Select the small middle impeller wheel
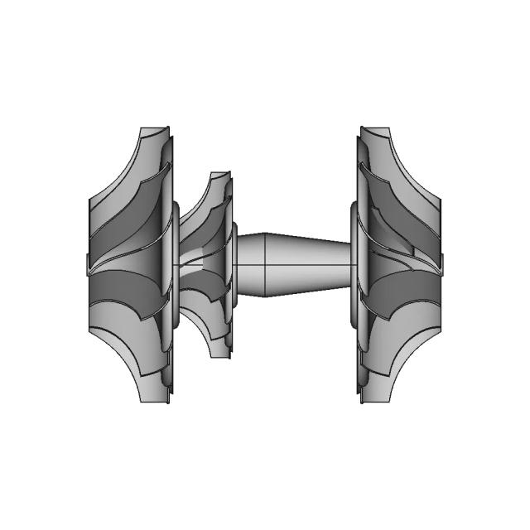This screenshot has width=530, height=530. click(207, 265)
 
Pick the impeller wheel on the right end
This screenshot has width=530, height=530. click(397, 265)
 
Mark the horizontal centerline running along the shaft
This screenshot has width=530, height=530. click(298, 265)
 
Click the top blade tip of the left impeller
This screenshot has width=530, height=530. click(157, 130)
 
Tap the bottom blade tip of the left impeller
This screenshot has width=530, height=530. click(157, 400)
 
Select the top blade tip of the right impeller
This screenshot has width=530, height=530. click(374, 130)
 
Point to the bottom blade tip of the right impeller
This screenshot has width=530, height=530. click(374, 401)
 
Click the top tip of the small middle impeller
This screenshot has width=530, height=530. click(220, 175)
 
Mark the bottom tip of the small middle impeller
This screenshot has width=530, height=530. click(220, 354)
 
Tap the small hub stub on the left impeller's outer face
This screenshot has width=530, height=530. click(88, 265)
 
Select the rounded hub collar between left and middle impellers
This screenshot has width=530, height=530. click(176, 265)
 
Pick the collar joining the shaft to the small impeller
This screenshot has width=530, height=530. click(235, 265)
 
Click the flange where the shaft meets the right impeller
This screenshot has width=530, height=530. click(354, 265)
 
